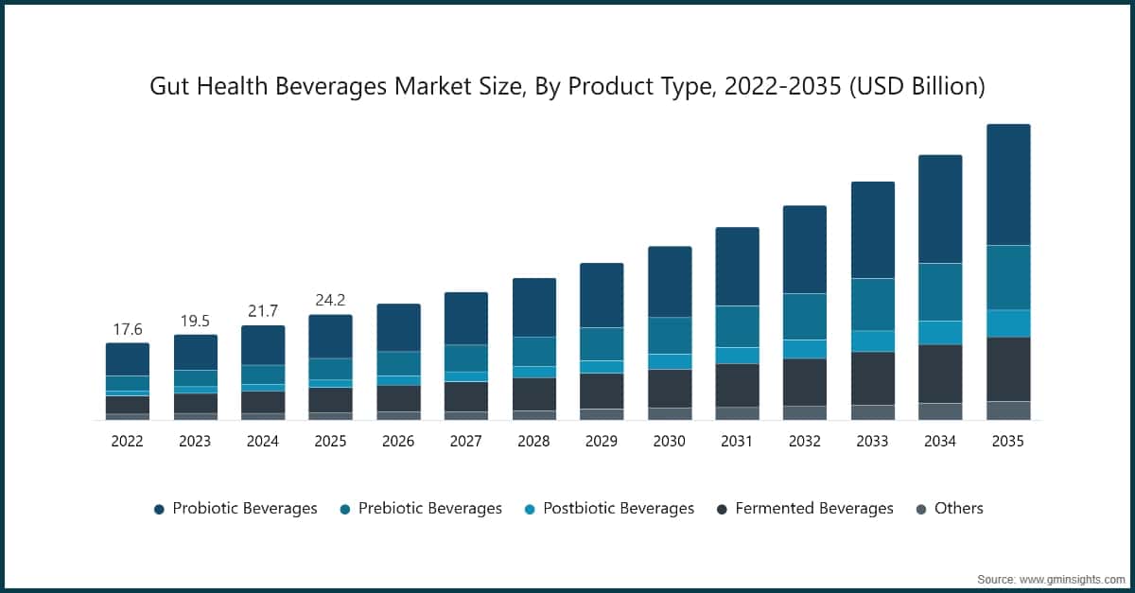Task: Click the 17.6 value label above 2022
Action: [127, 330]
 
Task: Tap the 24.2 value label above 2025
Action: [330, 301]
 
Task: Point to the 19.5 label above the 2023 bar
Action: [195, 322]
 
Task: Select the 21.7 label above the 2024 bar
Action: [262, 311]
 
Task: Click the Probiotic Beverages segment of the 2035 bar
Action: [1007, 184]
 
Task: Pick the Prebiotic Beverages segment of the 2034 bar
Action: [939, 291]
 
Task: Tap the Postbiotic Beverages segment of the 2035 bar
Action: [1007, 323]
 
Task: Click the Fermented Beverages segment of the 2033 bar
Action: [872, 378]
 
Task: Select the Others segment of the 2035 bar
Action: [1007, 410]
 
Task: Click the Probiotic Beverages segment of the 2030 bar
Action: [669, 282]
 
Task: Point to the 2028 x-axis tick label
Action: [533, 442]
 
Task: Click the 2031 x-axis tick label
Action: [737, 442]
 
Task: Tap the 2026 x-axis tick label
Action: [398, 442]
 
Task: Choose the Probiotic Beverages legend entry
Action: [244, 509]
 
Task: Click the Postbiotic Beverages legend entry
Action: [618, 509]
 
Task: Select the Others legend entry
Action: [958, 509]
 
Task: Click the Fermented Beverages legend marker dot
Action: [722, 510]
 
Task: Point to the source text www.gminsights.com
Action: [1074, 577]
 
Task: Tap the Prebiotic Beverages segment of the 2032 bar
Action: [804, 316]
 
